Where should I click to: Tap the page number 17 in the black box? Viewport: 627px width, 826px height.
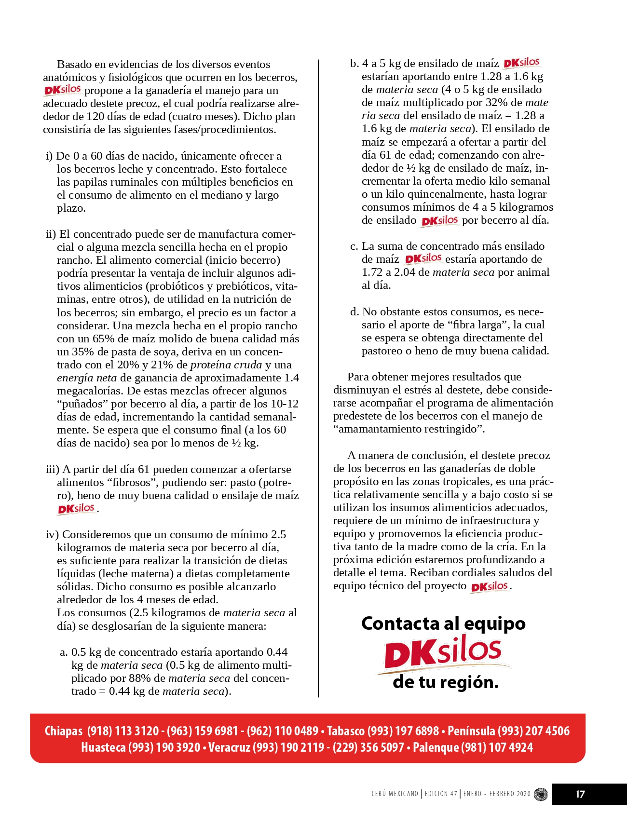click(580, 794)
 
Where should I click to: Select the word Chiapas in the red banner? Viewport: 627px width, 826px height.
click(64, 731)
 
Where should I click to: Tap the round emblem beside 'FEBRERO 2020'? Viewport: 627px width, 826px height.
click(541, 794)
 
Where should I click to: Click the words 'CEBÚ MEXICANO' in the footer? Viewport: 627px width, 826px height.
click(395, 794)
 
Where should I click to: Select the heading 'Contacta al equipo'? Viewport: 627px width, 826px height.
click(443, 623)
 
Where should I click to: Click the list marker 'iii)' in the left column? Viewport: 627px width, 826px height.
click(52, 469)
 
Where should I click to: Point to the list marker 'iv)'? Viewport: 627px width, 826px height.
click(52, 534)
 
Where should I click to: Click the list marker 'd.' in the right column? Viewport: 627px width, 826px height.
click(354, 311)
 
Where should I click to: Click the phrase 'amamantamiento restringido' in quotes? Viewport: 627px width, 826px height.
click(409, 429)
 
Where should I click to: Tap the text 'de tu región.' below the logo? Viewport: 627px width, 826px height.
click(446, 682)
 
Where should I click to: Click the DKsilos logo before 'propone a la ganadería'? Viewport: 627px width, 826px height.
click(63, 90)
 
